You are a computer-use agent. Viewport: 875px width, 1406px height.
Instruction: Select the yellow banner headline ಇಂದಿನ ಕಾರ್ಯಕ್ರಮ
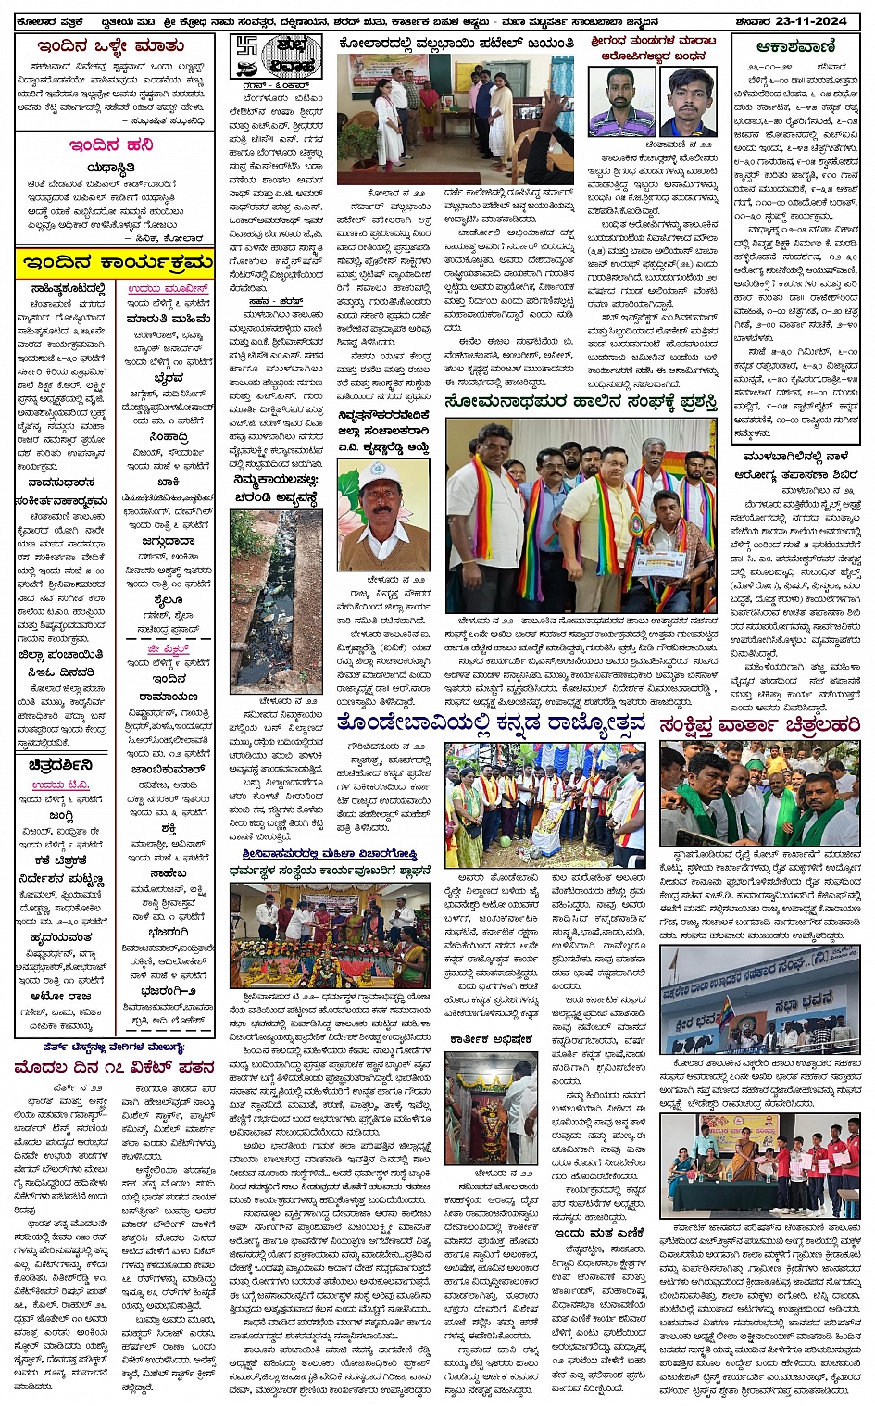click(x=115, y=263)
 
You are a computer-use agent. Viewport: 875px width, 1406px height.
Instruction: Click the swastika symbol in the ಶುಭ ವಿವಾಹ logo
click(x=246, y=48)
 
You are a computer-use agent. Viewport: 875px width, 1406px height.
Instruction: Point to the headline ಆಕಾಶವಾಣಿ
click(x=795, y=46)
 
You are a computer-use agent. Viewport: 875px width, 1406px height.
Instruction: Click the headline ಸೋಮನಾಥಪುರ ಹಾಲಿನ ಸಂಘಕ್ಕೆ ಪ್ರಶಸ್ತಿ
click(x=581, y=402)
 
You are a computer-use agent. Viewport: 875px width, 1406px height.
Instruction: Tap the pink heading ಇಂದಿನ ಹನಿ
click(x=110, y=145)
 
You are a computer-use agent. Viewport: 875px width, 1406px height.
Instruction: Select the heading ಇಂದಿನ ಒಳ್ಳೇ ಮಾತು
click(x=110, y=44)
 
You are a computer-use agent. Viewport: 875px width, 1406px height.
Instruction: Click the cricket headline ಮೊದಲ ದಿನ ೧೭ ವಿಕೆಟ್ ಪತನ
click(x=114, y=1067)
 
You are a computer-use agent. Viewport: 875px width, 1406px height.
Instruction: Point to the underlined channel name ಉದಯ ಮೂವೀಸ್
click(x=168, y=290)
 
